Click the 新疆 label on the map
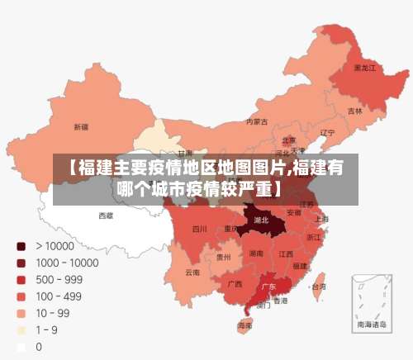(x=80, y=127)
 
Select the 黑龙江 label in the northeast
(x=364, y=68)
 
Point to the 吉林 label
(x=354, y=111)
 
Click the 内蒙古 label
(x=257, y=121)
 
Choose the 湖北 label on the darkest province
(x=261, y=220)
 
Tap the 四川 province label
(x=199, y=229)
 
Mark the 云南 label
(x=192, y=272)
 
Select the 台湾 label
(x=316, y=287)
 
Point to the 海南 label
(x=244, y=326)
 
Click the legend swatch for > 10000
(x=21, y=246)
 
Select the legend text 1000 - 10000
(x=67, y=263)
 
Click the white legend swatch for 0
(x=21, y=347)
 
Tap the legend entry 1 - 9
(x=47, y=330)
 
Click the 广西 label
(x=235, y=283)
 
